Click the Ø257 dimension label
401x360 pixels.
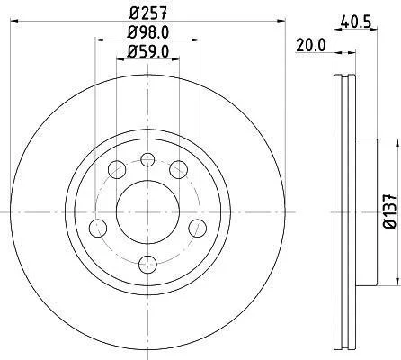click(x=147, y=13)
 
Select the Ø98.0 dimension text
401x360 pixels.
click(x=148, y=32)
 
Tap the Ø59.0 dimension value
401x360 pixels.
click(x=148, y=51)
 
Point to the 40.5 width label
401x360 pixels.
click(x=356, y=22)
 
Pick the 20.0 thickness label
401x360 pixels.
click(x=310, y=46)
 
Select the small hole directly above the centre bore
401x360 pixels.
click(x=147, y=159)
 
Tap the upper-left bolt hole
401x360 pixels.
click(x=117, y=170)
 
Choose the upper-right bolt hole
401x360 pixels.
click(x=179, y=170)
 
